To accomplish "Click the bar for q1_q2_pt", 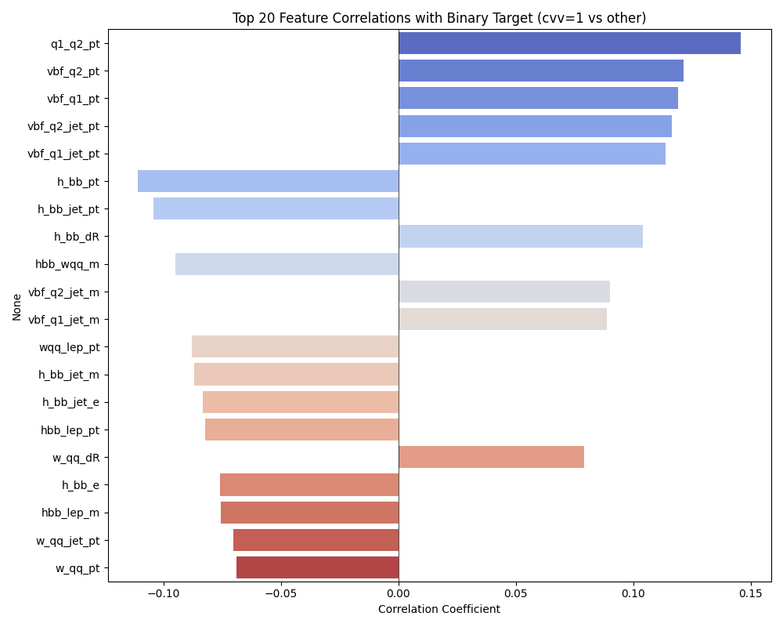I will pos(569,44).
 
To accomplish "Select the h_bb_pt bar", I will pos(268,181).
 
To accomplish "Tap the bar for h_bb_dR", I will pos(521,237).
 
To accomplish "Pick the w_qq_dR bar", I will pos(491,457).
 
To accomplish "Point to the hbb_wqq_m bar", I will pos(287,264).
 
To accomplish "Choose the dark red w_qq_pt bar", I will pos(317,567).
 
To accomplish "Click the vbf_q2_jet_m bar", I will pos(504,292).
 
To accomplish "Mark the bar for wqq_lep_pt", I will pos(295,346).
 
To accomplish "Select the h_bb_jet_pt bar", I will pos(276,208).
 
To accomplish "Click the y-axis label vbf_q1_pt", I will pos(73,99).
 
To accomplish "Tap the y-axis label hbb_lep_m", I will pos(70,513).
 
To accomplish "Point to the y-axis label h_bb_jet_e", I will pos(70,402).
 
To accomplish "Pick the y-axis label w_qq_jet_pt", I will pos(67,540).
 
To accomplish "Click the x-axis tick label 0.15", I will pos(751,593).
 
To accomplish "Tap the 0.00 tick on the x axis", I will pos(399,593).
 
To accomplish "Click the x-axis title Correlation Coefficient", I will pos(439,609).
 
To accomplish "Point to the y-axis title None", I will pos(17,306).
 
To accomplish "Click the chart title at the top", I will pos(439,18).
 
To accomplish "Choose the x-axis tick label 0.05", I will pos(516,593).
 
